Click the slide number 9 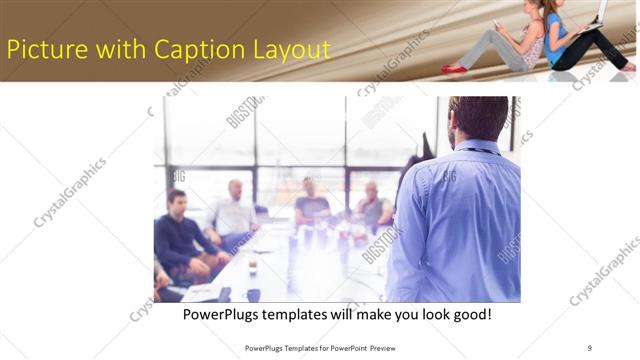point(590,347)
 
